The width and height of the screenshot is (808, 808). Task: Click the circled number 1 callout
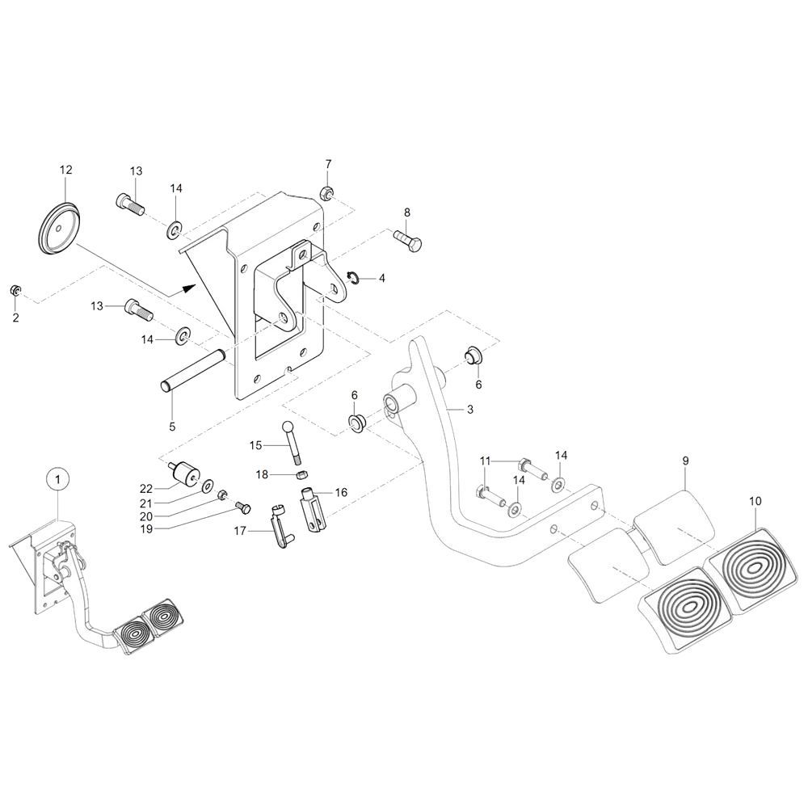pos(58,479)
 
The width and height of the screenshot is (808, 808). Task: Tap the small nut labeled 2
pos(15,290)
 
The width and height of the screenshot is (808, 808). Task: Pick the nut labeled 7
pos(327,194)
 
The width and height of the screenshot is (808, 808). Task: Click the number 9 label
pos(685,461)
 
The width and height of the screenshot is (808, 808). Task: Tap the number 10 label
pos(755,501)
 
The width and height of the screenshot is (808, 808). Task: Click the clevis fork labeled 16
pos(315,512)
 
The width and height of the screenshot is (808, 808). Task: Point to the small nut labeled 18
pos(301,474)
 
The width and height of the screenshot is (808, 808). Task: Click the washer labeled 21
pos(207,487)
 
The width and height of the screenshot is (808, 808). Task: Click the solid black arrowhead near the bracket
pos(188,286)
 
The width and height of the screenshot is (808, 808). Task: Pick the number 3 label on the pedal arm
pos(469,410)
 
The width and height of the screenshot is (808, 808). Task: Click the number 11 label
pos(485,461)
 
